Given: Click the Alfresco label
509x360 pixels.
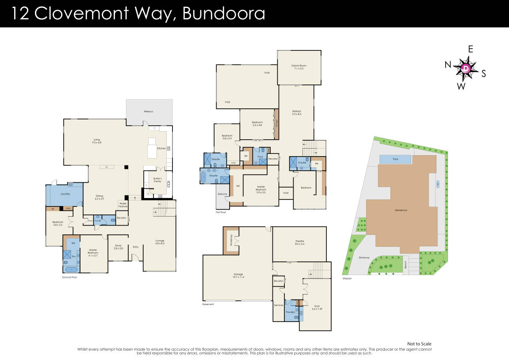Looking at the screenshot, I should point(148,111).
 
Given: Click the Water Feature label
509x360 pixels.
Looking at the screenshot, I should point(122,205).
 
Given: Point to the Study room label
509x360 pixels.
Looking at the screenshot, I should point(118,246).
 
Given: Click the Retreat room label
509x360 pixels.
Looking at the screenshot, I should point(296,112).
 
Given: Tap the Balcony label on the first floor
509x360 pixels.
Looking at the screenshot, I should point(222,194).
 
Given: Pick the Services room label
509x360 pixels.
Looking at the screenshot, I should point(278,305).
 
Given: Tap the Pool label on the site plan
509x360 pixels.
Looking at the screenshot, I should point(395,158).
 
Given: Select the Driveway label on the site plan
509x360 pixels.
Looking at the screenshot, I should point(364,257).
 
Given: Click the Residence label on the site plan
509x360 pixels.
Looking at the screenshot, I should point(401,210).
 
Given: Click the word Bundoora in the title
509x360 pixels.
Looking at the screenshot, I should point(223,13).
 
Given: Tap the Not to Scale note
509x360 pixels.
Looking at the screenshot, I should point(418,344).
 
